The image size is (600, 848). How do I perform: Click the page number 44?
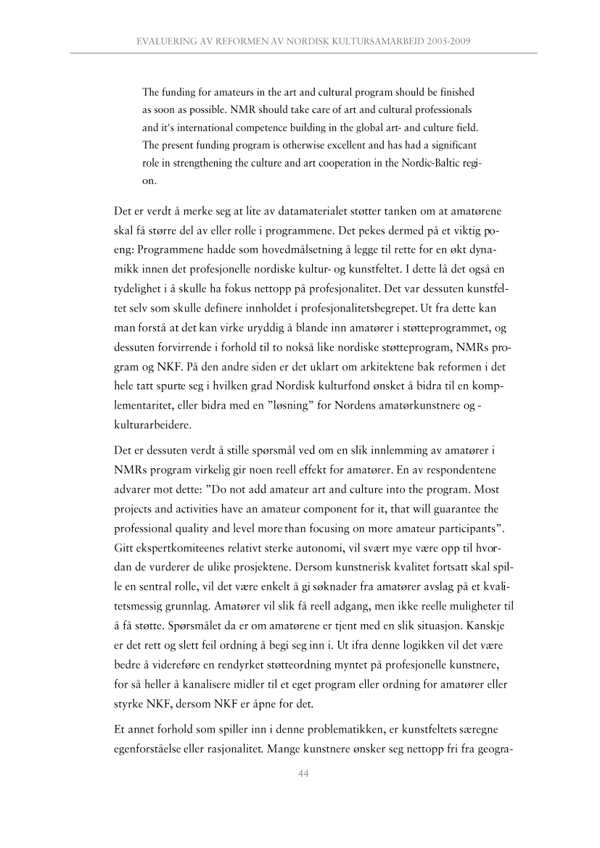coord(305,773)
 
